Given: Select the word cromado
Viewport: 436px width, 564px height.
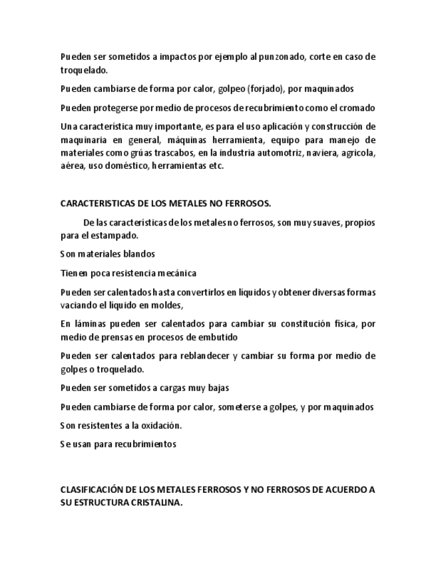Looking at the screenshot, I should (357, 108).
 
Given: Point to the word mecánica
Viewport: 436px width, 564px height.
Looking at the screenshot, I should (176, 273).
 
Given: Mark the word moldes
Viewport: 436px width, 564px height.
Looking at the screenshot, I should (165, 305).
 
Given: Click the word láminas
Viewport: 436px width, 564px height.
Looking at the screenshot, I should (89, 324).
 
